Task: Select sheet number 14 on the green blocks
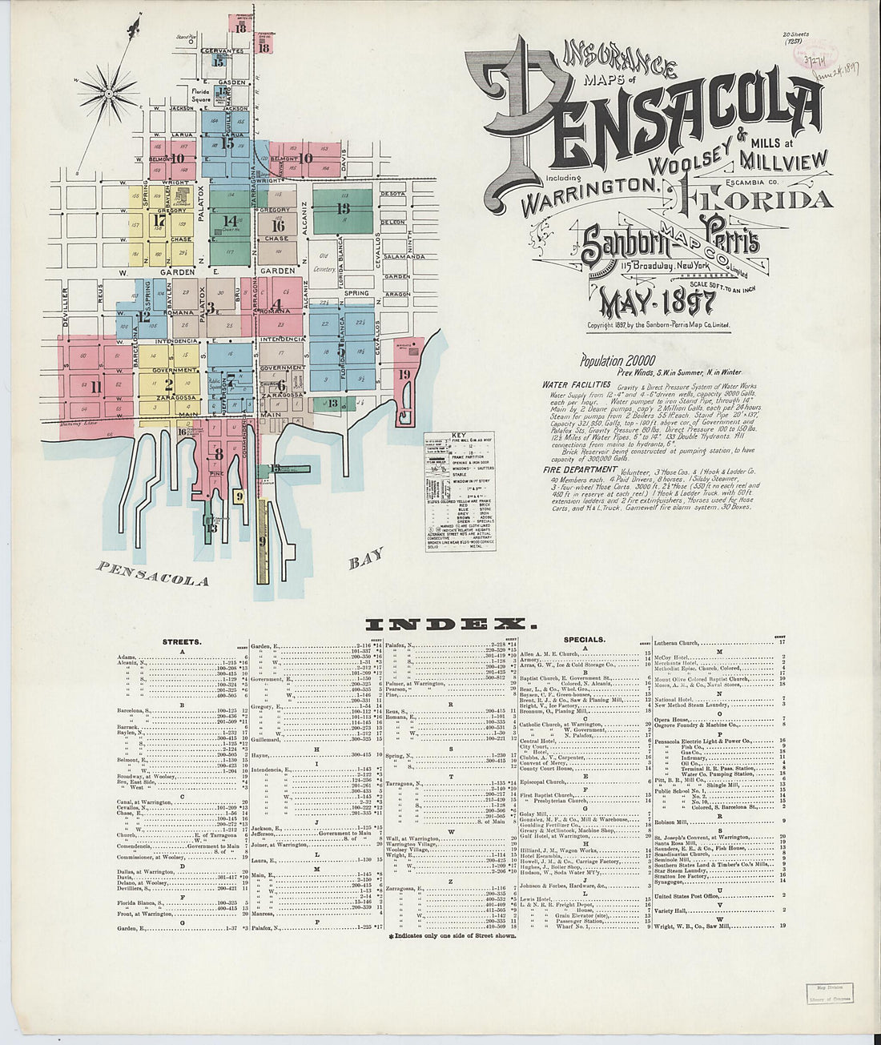(x=231, y=220)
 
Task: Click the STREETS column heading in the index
(x=181, y=641)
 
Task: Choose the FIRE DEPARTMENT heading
(x=579, y=469)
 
